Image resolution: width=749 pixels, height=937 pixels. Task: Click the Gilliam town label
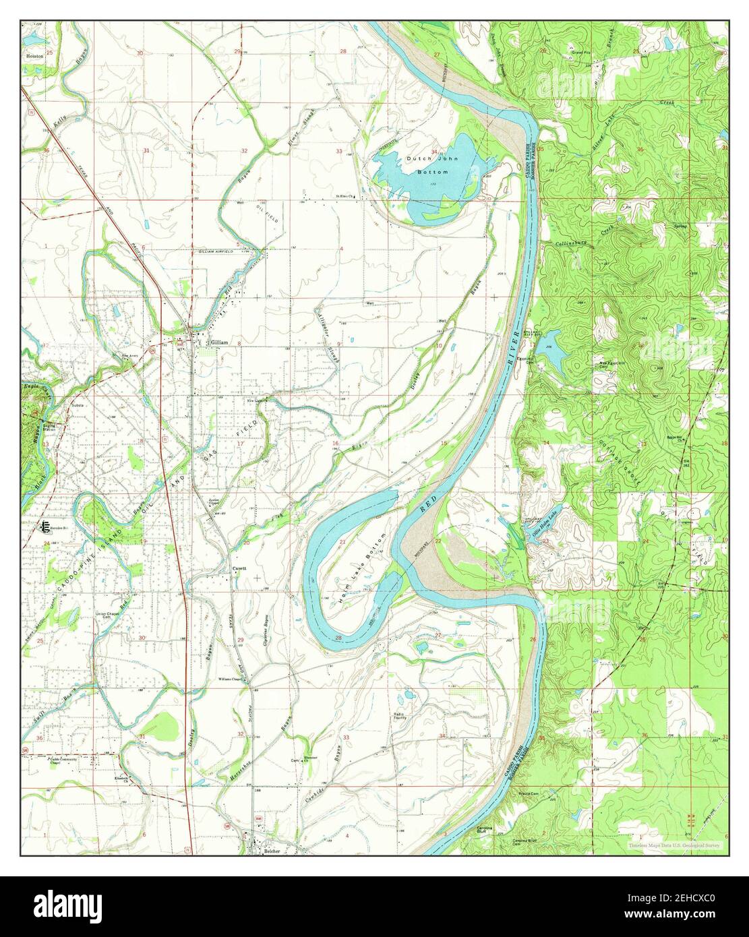(x=220, y=342)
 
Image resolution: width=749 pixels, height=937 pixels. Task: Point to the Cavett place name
(x=239, y=568)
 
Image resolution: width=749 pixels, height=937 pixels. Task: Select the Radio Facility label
(x=404, y=716)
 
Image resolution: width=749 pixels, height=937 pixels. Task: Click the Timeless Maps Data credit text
(x=674, y=845)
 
